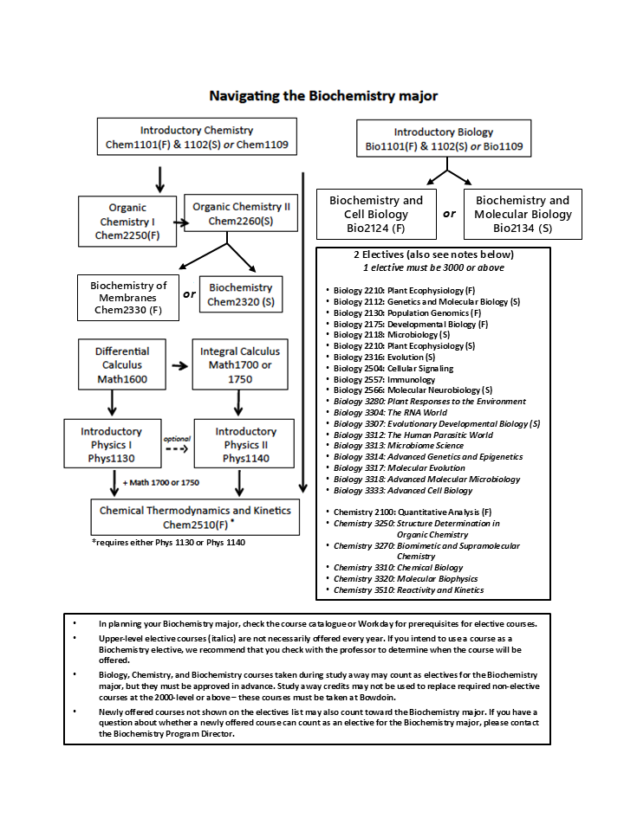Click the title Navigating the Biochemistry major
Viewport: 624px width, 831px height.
point(323,95)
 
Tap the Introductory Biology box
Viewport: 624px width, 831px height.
point(443,138)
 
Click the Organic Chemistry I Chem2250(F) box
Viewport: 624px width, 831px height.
point(127,221)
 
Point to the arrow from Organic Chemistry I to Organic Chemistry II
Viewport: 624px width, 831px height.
point(179,222)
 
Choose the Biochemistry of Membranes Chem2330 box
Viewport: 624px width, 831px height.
point(127,297)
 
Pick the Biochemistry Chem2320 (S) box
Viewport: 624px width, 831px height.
point(241,294)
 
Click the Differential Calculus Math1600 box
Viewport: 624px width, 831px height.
point(122,364)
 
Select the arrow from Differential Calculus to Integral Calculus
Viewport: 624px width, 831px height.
point(179,365)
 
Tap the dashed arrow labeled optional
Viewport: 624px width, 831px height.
point(177,449)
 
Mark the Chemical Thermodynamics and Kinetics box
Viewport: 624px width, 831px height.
point(194,517)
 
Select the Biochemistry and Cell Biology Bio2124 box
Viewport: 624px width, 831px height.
point(376,214)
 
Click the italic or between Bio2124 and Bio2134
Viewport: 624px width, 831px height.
point(449,214)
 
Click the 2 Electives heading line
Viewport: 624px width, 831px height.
point(433,254)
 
